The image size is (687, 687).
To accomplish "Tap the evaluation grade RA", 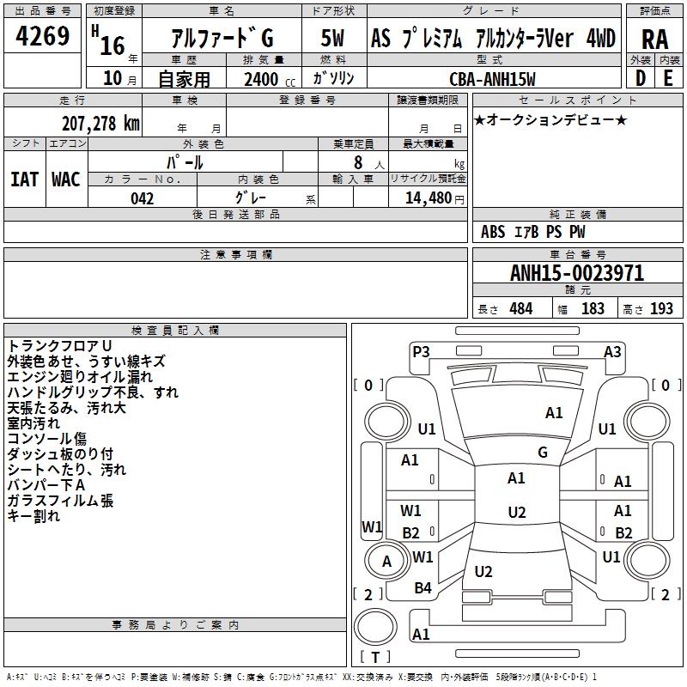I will point(654,39).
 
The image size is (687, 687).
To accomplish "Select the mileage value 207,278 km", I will point(100,123).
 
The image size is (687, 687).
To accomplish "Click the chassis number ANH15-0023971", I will point(577,274).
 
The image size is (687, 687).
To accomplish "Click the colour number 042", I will point(142,198).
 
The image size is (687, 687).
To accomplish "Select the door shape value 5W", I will point(333,39).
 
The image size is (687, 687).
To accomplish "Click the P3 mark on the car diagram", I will point(421,351).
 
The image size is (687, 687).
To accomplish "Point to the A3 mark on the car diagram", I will point(612,351).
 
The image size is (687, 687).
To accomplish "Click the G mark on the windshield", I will point(542,453).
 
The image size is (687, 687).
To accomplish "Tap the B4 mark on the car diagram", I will point(423,588).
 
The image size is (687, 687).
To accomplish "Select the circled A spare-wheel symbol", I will point(386,562).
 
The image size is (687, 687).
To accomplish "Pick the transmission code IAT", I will point(24,179).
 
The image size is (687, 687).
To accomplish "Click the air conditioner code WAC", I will point(66,179).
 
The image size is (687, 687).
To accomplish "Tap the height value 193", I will point(661,309).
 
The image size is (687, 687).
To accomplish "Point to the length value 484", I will point(520,309).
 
